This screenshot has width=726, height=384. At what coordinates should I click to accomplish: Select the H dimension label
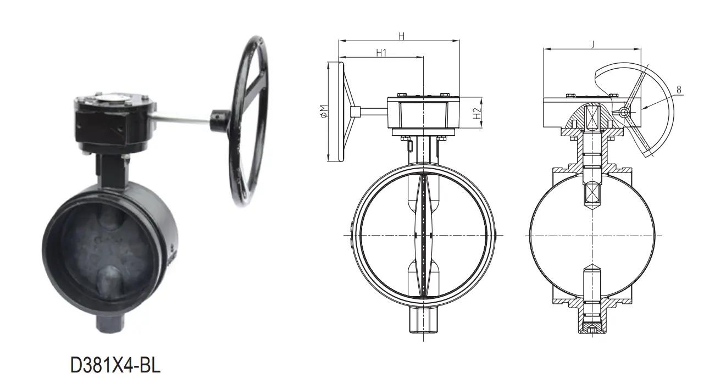pyautogui.click(x=401, y=36)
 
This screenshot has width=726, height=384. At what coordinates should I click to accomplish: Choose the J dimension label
pyautogui.click(x=592, y=45)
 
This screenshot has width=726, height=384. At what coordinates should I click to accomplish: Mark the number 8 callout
pyautogui.click(x=679, y=89)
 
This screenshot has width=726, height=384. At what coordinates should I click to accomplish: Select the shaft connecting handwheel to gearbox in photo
pyautogui.click(x=181, y=117)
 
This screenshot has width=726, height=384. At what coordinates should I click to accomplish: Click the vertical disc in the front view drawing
pyautogui.click(x=423, y=236)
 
